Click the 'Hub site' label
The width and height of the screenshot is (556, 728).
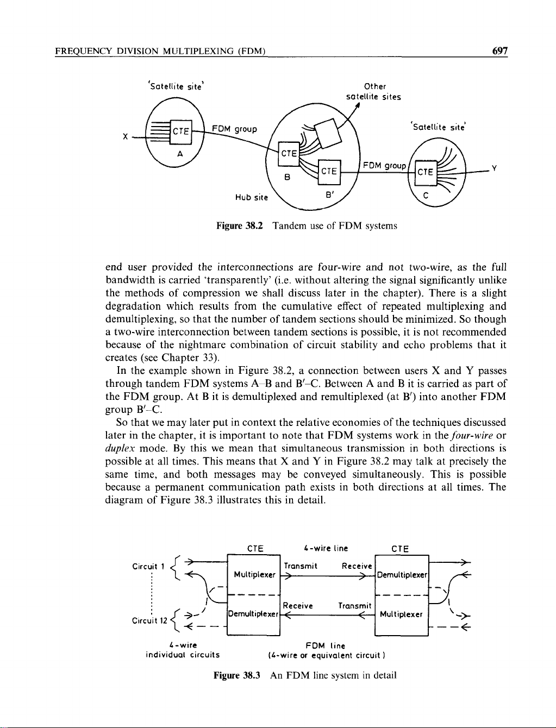(251, 198)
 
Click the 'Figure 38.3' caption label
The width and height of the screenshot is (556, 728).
(238, 675)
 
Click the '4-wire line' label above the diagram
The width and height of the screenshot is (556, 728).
(326, 548)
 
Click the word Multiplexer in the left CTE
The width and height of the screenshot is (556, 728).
(254, 575)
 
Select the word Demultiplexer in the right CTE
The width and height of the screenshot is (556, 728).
(402, 575)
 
